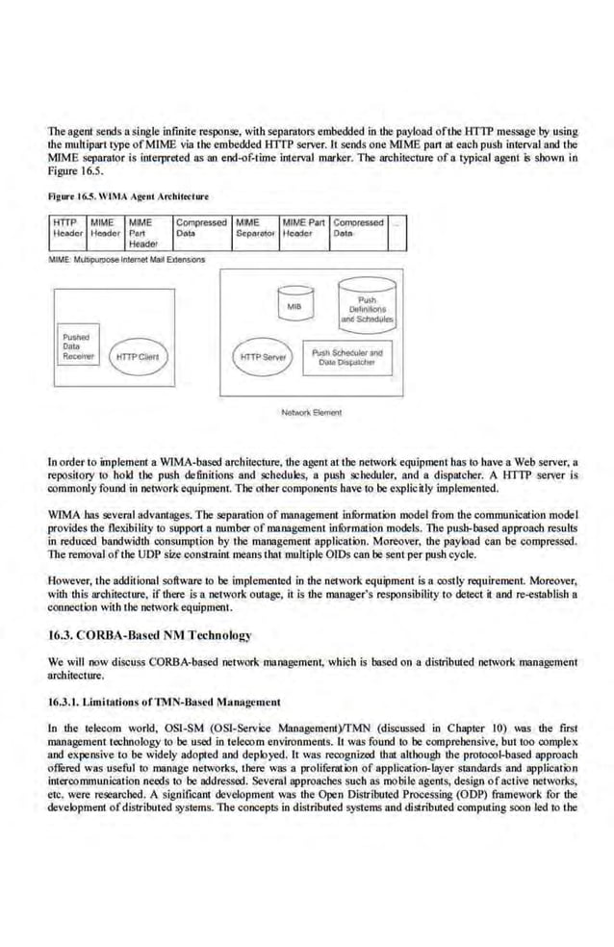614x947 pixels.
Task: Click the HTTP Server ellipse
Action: pos(264,356)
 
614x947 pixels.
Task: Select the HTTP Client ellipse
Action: pos(136,357)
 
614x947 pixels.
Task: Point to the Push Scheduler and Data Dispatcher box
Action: pos(346,356)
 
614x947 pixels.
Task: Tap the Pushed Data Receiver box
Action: pos(78,346)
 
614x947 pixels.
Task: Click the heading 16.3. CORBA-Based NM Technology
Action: pos(149,635)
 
